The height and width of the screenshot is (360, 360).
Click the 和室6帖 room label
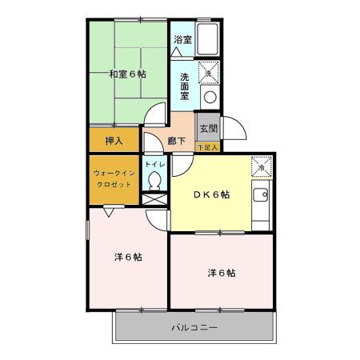127,74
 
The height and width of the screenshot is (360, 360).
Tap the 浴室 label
183,39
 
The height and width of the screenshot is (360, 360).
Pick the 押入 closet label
114,141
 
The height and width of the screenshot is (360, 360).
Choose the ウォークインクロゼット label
112,178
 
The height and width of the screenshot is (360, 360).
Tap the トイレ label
155,165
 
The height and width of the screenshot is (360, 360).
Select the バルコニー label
195,326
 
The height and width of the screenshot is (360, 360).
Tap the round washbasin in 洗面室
209,97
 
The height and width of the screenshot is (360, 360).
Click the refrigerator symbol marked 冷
262,166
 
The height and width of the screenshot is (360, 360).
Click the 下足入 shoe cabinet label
208,147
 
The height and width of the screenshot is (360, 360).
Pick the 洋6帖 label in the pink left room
128,257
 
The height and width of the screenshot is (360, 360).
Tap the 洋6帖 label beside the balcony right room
221,273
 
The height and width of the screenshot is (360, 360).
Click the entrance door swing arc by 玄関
226,127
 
